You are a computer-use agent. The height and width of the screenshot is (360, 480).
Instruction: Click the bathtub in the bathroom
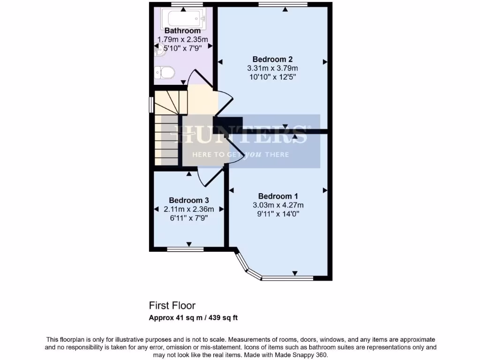(x=184, y=19)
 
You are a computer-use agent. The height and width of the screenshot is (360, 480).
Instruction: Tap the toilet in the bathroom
(x=165, y=73)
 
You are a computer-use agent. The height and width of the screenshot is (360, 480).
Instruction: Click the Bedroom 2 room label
(x=272, y=59)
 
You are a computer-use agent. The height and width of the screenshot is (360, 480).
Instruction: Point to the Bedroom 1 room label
(x=278, y=196)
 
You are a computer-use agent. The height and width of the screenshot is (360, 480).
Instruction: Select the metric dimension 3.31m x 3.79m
(x=272, y=68)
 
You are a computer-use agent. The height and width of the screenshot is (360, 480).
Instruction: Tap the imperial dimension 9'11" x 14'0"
(x=278, y=214)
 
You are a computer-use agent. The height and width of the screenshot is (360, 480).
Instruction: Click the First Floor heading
(x=172, y=306)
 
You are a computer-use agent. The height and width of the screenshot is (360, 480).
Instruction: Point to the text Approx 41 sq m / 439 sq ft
(x=193, y=318)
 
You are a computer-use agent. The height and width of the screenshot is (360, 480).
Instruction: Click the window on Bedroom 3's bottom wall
(x=185, y=249)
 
